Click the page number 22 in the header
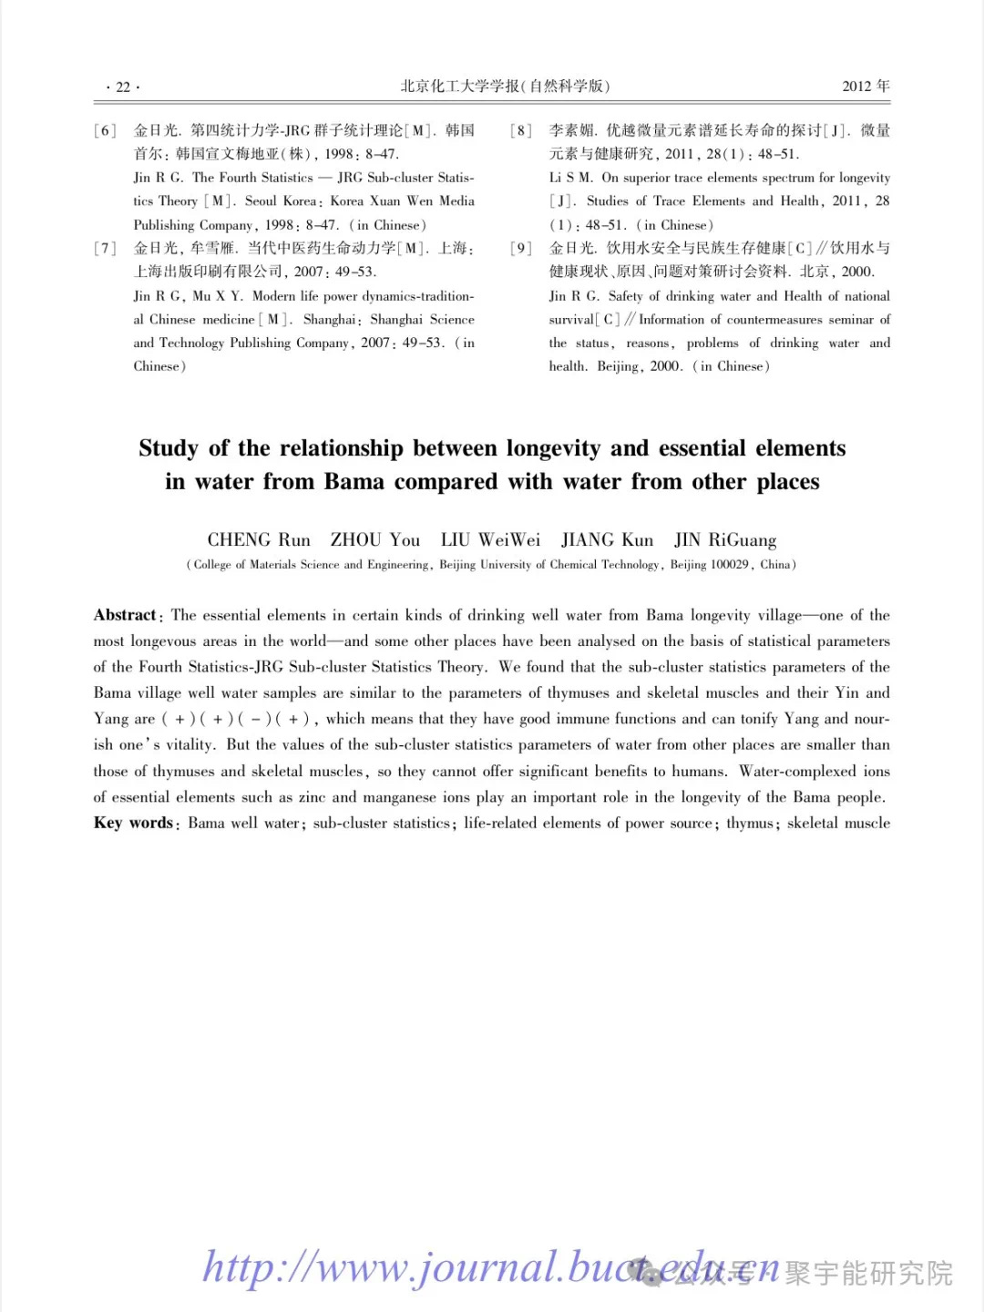123,87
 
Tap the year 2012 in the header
856,87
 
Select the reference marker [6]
105,130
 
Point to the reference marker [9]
521,248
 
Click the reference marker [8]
521,130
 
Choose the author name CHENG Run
259,540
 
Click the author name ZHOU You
375,540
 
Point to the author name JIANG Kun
607,540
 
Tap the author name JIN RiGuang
725,540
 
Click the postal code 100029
729,565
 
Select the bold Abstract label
125,615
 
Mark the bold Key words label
133,823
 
